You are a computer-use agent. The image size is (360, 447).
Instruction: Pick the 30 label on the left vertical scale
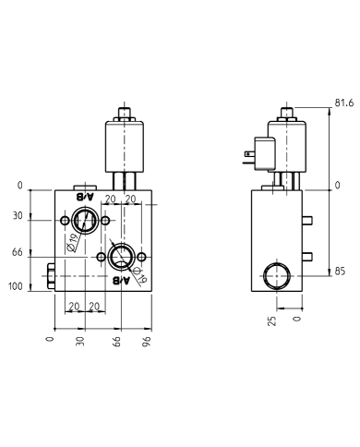(x=16, y=216)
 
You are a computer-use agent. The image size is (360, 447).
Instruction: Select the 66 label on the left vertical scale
(x=16, y=251)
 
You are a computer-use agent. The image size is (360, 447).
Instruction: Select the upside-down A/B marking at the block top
(x=85, y=197)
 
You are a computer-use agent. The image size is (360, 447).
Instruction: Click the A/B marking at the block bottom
(x=122, y=280)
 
